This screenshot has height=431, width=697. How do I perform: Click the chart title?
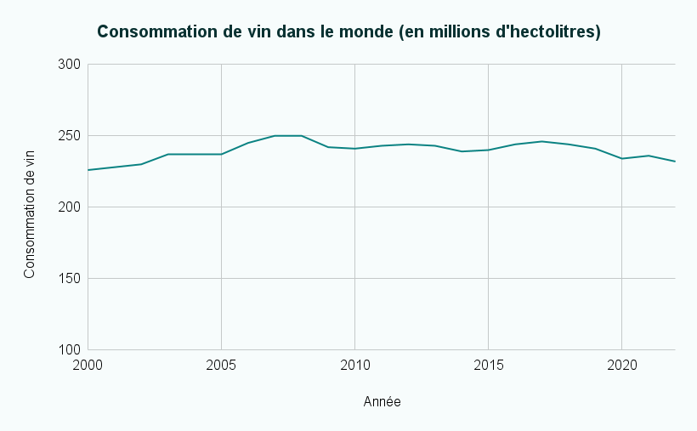click(348, 32)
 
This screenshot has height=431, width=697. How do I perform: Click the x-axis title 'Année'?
click(382, 401)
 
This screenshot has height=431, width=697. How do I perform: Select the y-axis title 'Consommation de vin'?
click(30, 207)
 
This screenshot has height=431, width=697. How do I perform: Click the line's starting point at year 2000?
click(88, 170)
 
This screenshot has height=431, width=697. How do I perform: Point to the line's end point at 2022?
click(675, 162)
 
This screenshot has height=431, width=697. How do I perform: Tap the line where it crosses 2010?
click(354, 149)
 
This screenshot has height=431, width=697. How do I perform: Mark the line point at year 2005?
click(221, 154)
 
